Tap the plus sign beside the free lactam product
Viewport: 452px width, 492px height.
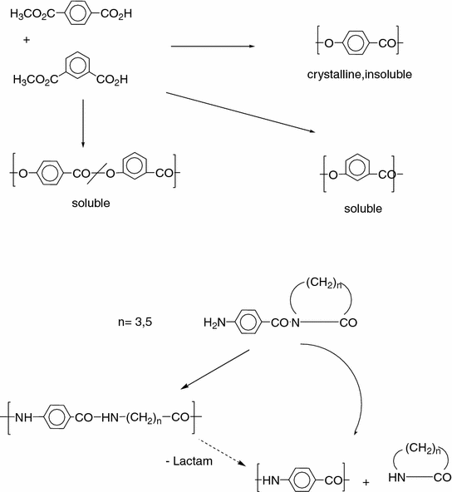[x=366, y=479]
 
